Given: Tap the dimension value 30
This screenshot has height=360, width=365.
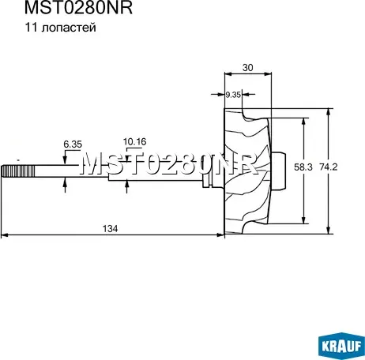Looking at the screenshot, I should [x=247, y=68].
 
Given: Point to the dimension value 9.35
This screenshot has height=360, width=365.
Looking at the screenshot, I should [x=233, y=95].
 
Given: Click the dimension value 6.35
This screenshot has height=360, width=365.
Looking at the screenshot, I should [x=73, y=144].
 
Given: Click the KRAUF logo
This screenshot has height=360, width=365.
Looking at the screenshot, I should [x=340, y=345].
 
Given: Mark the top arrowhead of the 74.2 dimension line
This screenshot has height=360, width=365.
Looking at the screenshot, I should [x=329, y=111].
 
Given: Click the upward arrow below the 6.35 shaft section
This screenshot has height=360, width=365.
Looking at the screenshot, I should [x=65, y=185].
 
